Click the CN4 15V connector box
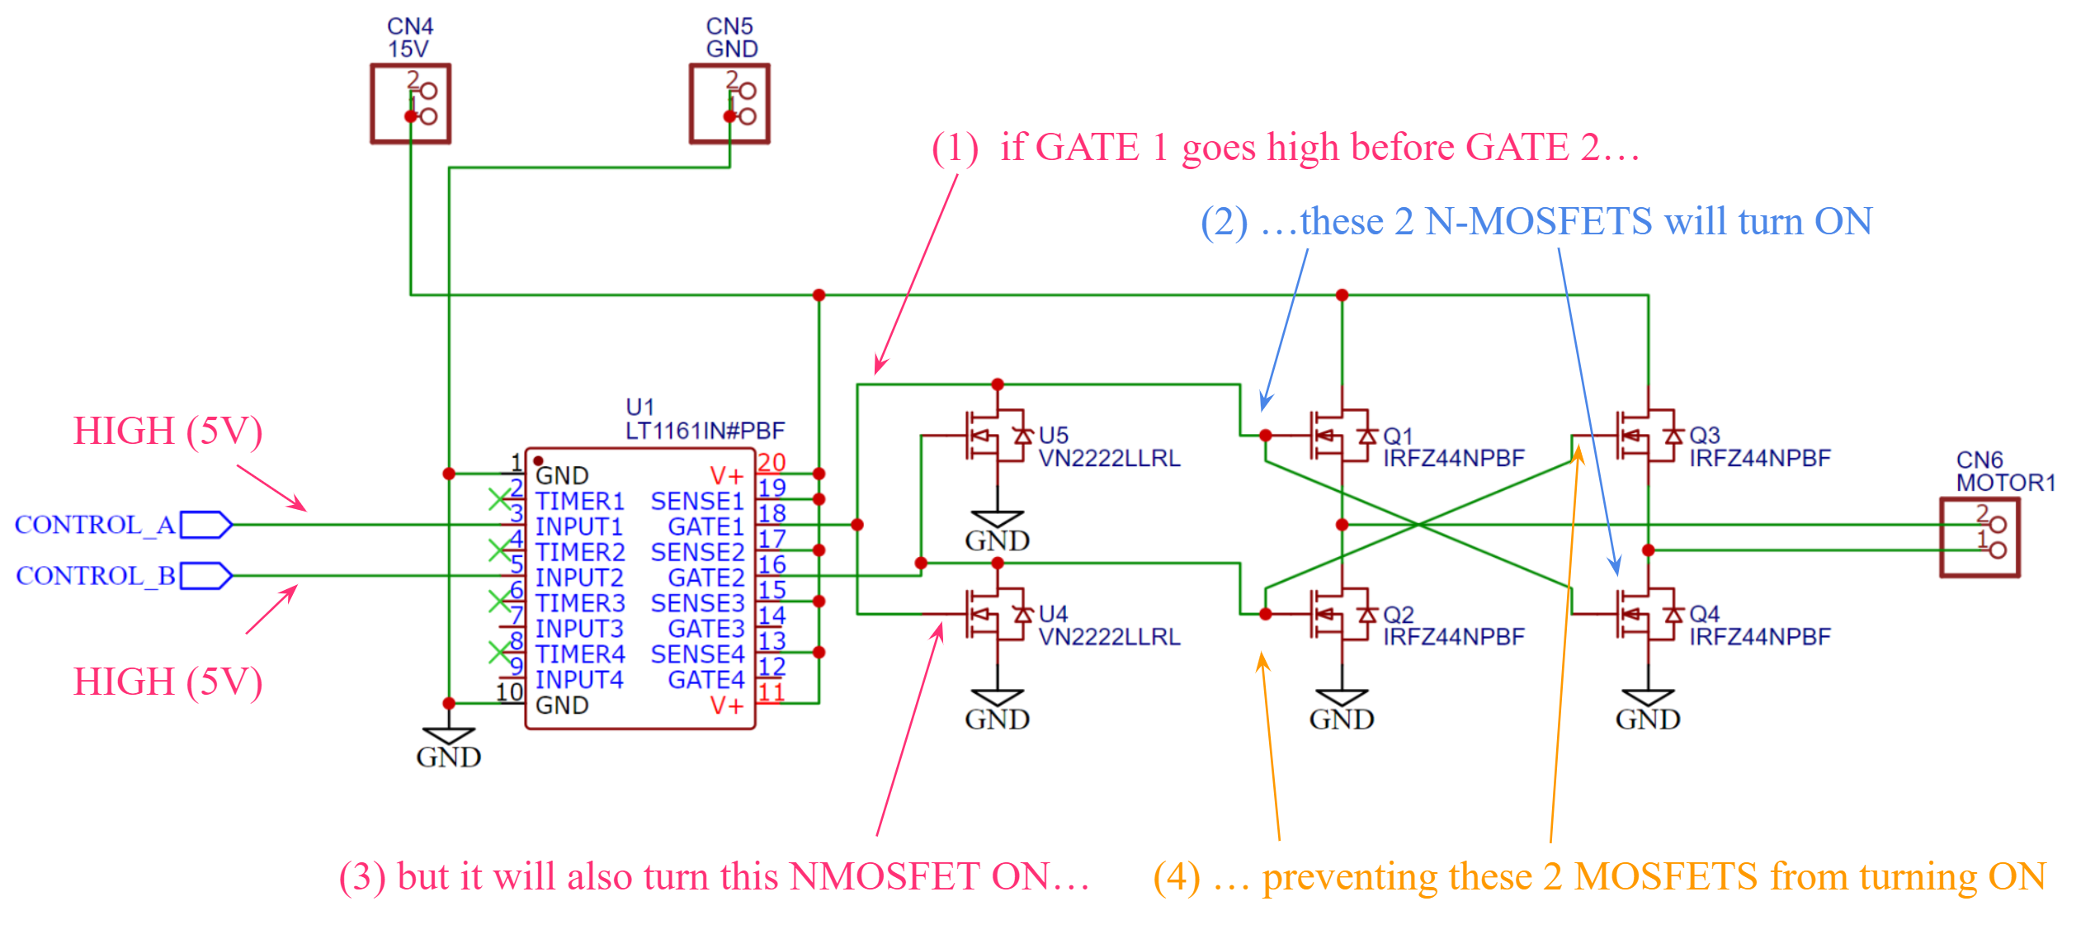[x=410, y=104]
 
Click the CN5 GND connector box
[x=729, y=104]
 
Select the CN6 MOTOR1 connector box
[x=1979, y=537]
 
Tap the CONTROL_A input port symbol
[x=205, y=525]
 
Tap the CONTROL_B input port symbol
[x=205, y=576]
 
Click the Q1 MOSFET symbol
[x=1338, y=435]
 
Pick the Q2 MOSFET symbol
[x=1338, y=614]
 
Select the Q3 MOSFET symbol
[x=1645, y=435]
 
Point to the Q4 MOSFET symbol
[x=1645, y=614]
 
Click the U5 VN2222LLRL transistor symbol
[x=994, y=435]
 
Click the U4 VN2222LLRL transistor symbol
[x=994, y=614]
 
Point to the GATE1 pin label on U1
[x=705, y=526]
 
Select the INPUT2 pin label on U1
[x=579, y=578]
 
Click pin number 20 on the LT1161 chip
[x=771, y=462]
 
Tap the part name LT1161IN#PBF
[x=705, y=431]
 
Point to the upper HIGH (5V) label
[x=168, y=431]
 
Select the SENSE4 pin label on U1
[x=697, y=654]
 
